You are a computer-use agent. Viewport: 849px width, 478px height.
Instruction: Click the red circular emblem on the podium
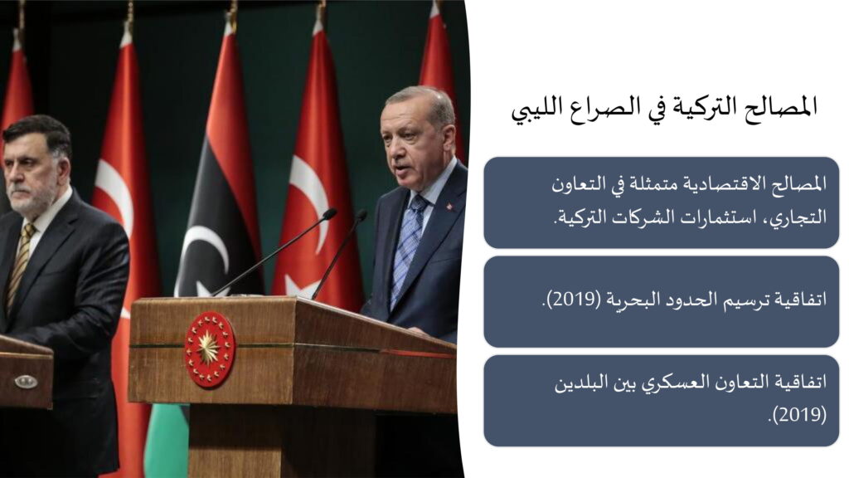click(x=210, y=349)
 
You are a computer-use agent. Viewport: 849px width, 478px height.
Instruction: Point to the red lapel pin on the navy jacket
click(x=449, y=206)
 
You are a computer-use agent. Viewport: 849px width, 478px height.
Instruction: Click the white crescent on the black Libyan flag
click(x=203, y=255)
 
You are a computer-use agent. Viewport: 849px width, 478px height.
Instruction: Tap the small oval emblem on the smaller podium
click(x=26, y=382)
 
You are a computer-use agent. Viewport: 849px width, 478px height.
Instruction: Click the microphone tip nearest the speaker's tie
click(x=361, y=216)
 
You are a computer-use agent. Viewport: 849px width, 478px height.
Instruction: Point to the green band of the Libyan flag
click(x=167, y=440)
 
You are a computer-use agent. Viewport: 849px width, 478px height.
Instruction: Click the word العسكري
click(x=672, y=383)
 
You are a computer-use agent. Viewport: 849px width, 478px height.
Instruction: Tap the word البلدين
click(x=578, y=383)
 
